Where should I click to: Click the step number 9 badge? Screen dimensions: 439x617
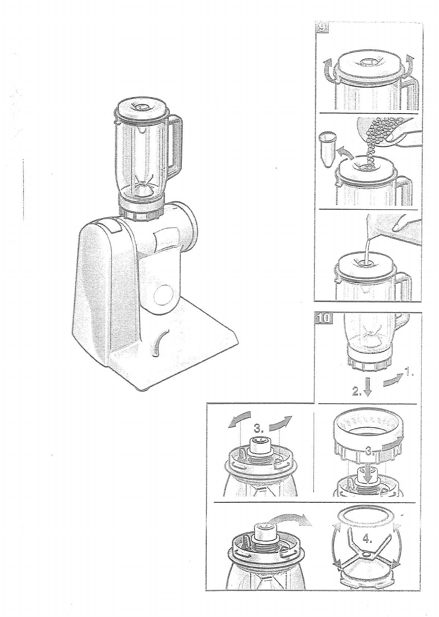click(x=321, y=28)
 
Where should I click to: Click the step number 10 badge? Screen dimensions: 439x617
click(x=323, y=318)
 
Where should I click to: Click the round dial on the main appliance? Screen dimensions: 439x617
click(x=163, y=296)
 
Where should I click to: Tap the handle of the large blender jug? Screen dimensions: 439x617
click(x=174, y=143)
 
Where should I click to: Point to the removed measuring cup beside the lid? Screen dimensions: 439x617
click(x=327, y=149)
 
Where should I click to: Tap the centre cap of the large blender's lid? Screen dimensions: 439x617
click(x=142, y=106)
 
